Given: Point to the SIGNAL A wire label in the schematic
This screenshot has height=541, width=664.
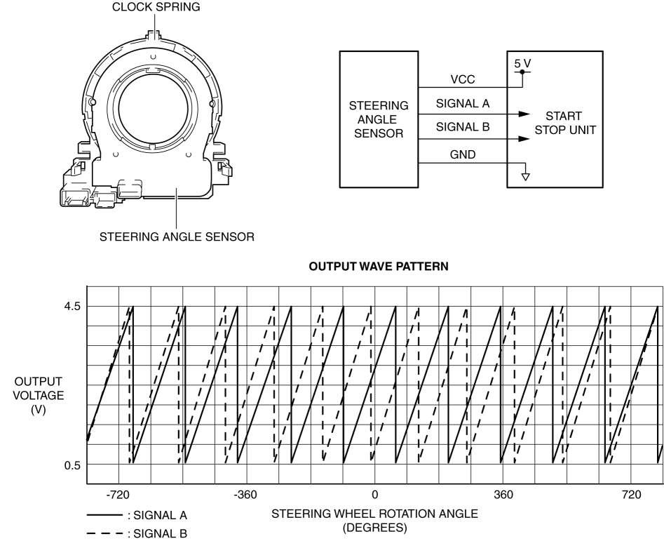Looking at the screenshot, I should coord(463,104).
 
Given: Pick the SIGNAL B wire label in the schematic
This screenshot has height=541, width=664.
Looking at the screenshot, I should coord(463,128).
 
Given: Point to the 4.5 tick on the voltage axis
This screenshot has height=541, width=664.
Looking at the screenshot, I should coord(73,307).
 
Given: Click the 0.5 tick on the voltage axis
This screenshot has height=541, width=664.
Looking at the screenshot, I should coord(73,465).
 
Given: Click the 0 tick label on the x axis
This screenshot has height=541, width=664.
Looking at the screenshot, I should coord(374,496).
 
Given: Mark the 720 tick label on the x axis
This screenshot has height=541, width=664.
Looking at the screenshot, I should coord(630,496).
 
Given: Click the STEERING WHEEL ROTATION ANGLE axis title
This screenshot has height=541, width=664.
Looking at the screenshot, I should coord(374,514).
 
